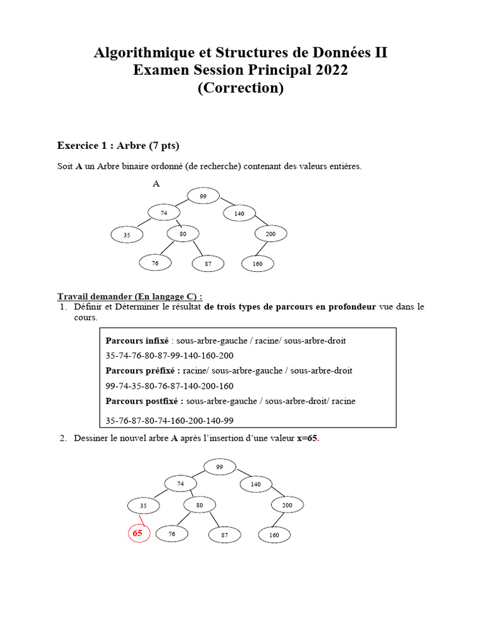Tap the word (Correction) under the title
click(x=240, y=88)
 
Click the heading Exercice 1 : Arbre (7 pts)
click(x=118, y=146)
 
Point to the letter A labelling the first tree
click(x=156, y=184)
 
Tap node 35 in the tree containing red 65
click(x=143, y=505)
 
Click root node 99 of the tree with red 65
click(x=220, y=467)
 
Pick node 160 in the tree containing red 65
click(x=274, y=535)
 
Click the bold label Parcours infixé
click(x=137, y=341)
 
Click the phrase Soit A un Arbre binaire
click(x=108, y=166)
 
